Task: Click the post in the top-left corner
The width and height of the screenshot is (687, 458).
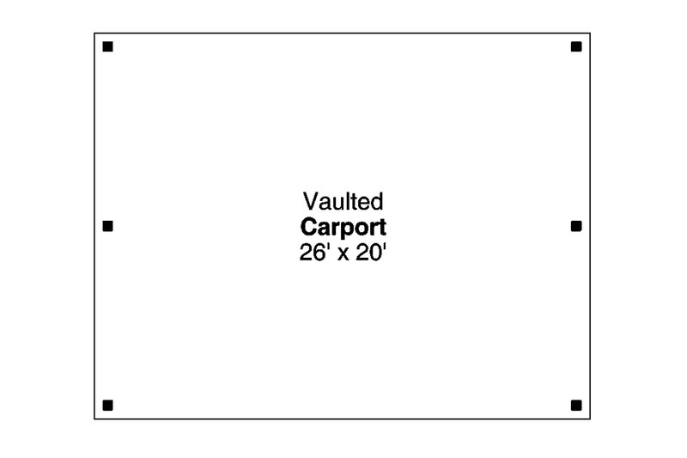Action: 108,46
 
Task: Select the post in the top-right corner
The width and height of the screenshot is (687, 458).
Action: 576,46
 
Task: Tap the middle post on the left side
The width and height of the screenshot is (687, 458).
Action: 108,226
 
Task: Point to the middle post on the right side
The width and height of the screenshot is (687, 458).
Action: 576,226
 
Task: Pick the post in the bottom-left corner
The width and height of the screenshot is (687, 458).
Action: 108,406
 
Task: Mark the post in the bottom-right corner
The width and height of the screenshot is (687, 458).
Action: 576,406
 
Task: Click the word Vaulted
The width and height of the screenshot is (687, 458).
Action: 343,202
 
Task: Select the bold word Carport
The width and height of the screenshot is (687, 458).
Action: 343,228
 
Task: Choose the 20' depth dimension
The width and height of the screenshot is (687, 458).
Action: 371,253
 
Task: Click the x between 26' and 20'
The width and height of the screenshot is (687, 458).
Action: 343,255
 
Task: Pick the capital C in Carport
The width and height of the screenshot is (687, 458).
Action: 309,227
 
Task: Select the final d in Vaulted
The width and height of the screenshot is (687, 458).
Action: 377,202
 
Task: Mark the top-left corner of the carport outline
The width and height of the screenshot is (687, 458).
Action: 94,34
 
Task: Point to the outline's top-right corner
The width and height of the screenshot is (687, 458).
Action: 590,34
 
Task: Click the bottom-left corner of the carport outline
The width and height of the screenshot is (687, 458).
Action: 94,418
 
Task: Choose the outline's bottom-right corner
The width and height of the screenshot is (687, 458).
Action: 590,418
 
